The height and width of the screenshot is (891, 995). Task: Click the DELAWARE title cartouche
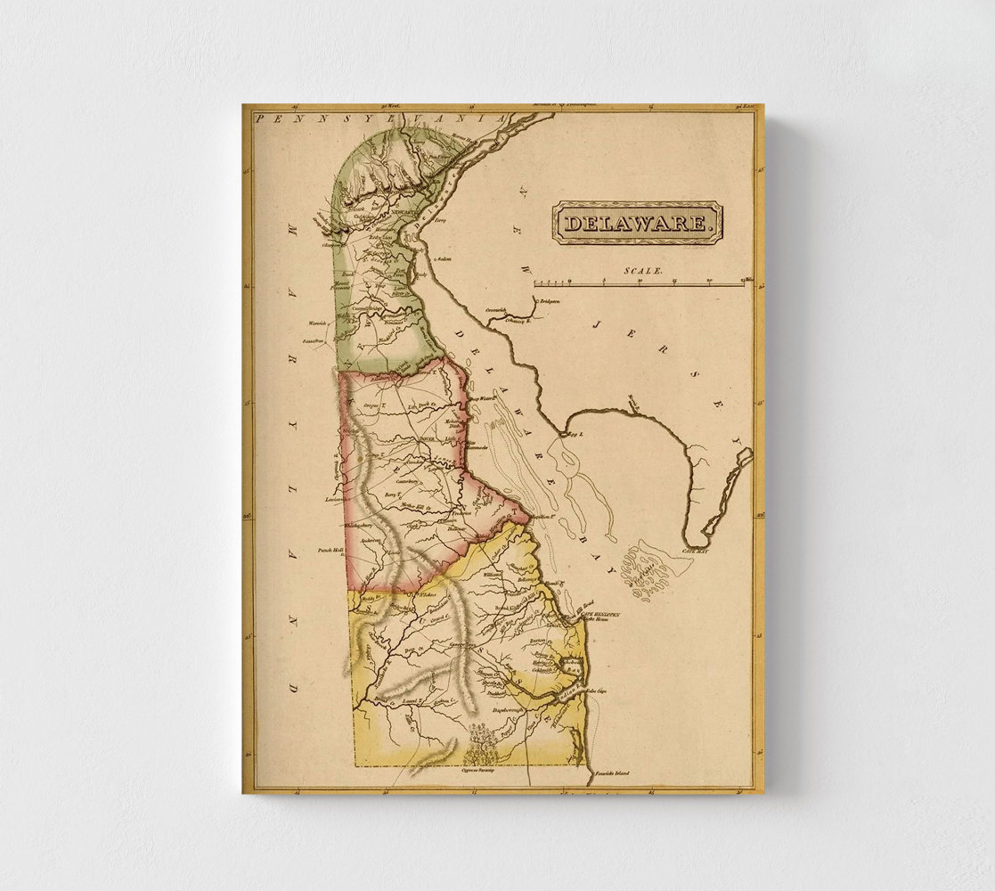637,223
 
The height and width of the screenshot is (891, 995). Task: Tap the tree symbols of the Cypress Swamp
482,745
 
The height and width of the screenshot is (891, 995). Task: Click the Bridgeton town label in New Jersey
550,302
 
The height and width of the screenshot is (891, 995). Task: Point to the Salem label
443,259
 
